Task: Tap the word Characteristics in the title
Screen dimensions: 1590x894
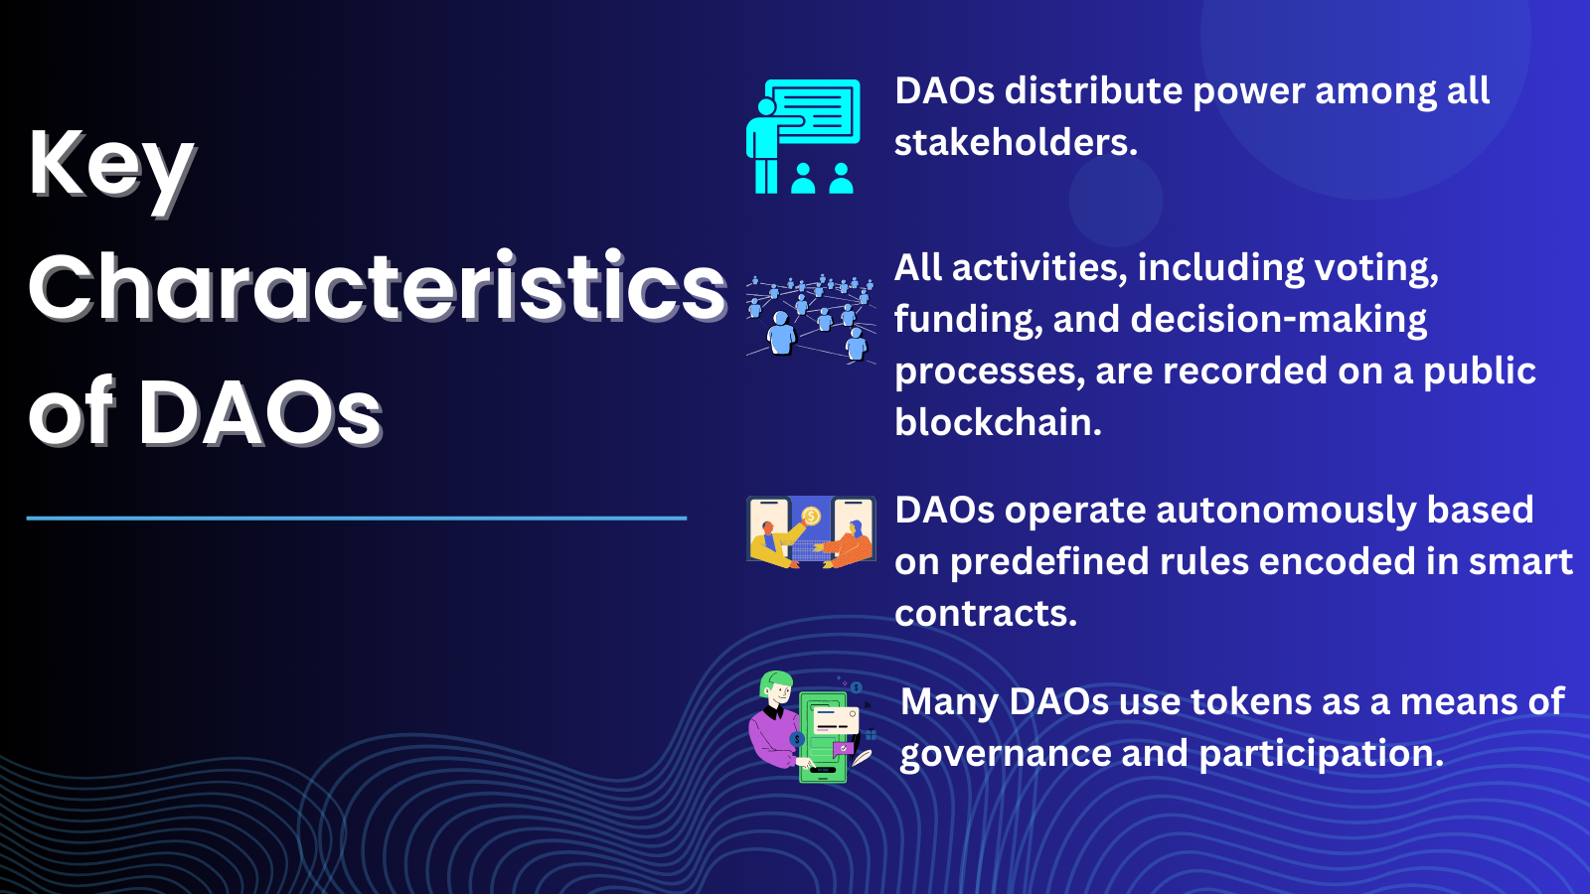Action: pos(378,288)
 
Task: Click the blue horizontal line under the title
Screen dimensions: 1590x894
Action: pos(357,518)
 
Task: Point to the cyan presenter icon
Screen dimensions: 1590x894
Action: pos(803,136)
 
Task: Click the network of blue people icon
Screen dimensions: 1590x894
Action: pos(810,318)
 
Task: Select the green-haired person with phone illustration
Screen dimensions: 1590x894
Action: pos(811,726)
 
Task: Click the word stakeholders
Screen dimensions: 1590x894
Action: pos(1016,142)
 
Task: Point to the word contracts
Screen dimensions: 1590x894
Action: pos(985,613)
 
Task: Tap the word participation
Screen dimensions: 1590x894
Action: pos(1321,754)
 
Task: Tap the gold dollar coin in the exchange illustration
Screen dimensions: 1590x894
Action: pos(811,516)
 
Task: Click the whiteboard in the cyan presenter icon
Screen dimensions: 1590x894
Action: pos(814,111)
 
